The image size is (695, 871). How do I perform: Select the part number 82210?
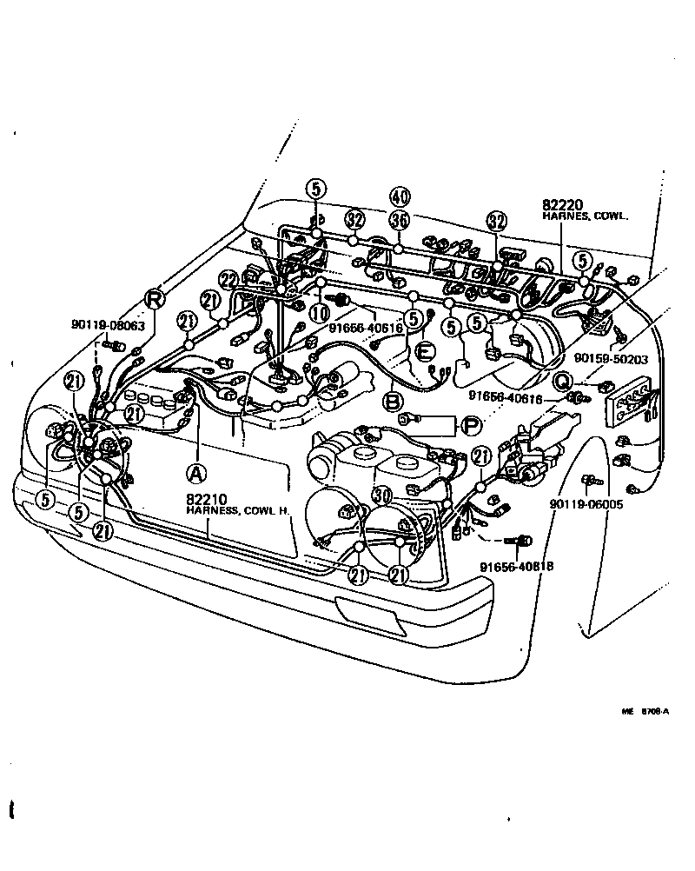pyautogui.click(x=205, y=499)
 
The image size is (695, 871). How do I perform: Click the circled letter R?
pyautogui.click(x=154, y=299)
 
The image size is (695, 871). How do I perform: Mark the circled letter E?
pyautogui.click(x=425, y=351)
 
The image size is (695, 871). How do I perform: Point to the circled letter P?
pyautogui.click(x=470, y=425)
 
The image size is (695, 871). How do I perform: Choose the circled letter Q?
pyautogui.click(x=563, y=381)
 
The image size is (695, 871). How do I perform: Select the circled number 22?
pyautogui.click(x=228, y=280)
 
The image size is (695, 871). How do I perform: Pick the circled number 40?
pyautogui.click(x=399, y=196)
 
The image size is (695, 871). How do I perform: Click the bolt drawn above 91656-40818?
pyautogui.click(x=522, y=541)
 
